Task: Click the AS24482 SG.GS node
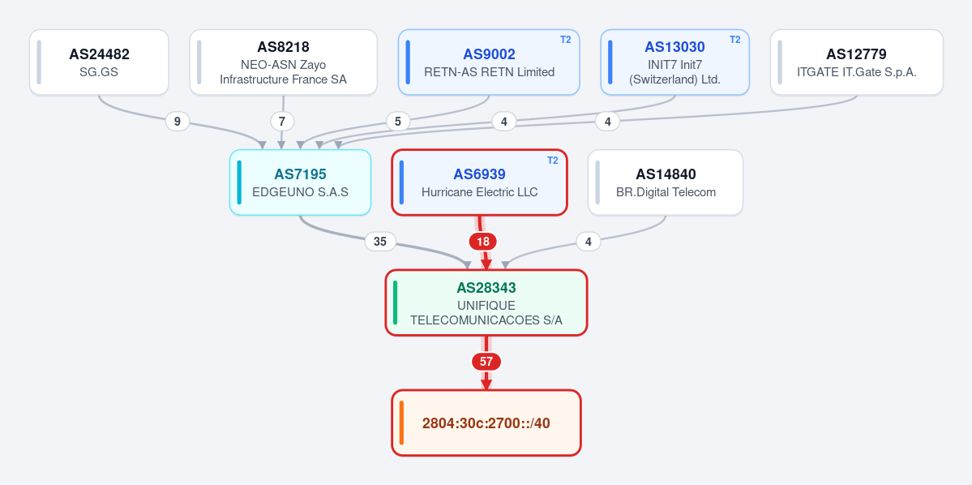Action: point(99,62)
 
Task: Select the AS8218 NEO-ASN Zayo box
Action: point(283,62)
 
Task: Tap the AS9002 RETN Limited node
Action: point(489,62)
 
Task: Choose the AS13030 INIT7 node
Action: point(675,62)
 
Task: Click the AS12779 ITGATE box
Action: point(857,62)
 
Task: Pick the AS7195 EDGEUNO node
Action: point(300,182)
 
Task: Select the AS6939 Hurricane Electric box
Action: point(479,182)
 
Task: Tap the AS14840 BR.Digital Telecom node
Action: point(666,182)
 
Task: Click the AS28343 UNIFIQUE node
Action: point(486,303)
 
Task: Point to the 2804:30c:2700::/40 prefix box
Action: point(486,423)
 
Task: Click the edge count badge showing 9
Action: point(178,122)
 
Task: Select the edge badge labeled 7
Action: point(282,122)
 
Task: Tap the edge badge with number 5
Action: point(398,122)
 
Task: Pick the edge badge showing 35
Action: point(380,241)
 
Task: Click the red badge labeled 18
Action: point(483,241)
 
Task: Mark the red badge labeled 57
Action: point(486,362)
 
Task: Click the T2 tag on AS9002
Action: point(565,40)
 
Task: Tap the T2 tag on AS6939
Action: point(552,160)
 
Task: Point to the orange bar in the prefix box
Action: point(402,423)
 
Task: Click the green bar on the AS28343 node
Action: point(396,303)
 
